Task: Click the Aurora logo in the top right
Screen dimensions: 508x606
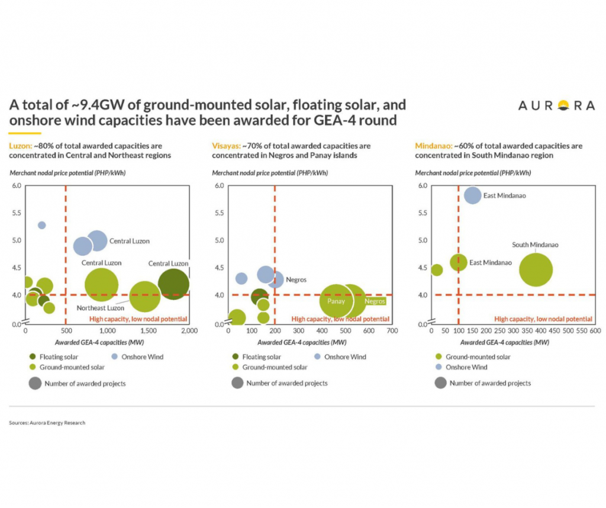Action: click(556, 105)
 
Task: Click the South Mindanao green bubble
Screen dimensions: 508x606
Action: click(536, 269)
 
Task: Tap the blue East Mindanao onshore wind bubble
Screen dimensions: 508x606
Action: click(472, 195)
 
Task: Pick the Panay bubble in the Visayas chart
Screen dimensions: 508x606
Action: click(336, 301)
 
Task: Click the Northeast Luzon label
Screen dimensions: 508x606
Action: click(100, 308)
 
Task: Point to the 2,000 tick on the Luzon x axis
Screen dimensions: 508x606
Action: click(189, 331)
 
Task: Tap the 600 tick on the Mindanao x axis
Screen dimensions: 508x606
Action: click(595, 331)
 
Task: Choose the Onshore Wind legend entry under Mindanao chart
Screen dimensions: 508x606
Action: click(468, 367)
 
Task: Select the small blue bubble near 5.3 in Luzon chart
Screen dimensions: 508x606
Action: click(41, 225)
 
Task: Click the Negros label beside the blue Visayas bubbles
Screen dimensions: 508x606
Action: click(296, 279)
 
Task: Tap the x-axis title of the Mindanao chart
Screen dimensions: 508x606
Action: click(490, 342)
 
